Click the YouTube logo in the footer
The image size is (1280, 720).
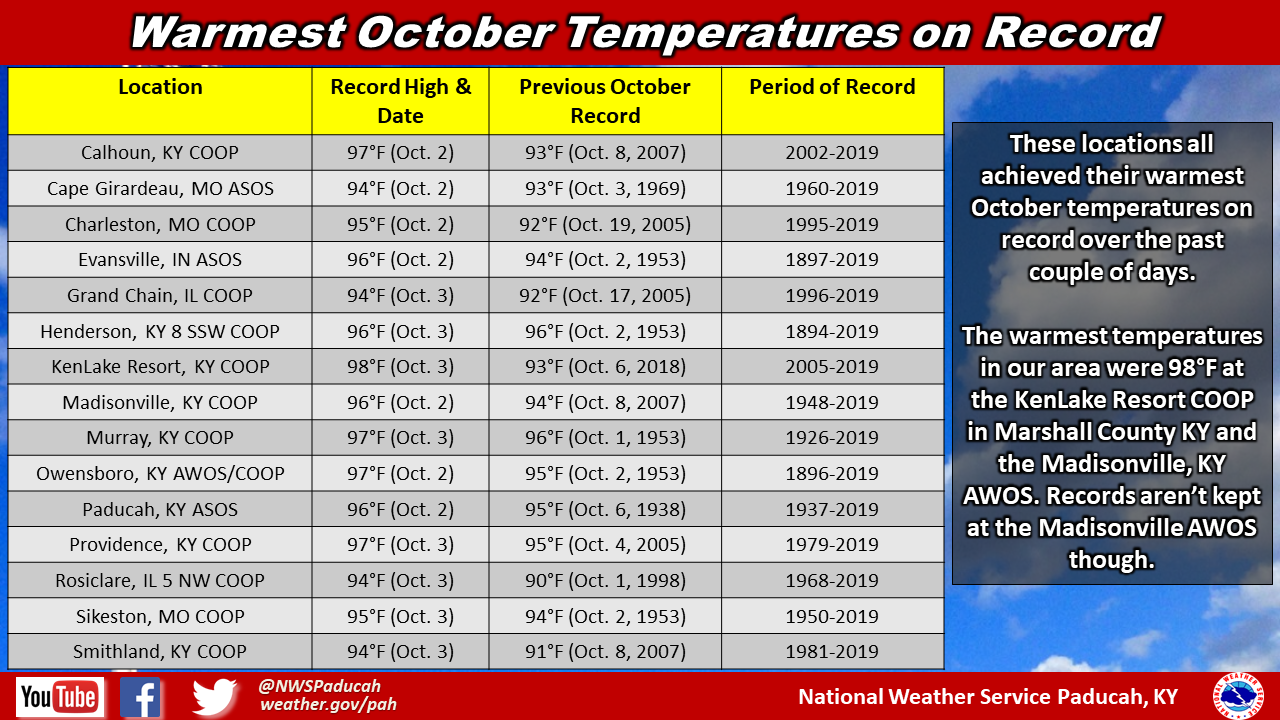click(x=60, y=697)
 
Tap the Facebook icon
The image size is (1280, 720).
click(x=140, y=697)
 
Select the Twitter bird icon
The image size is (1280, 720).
click(x=214, y=697)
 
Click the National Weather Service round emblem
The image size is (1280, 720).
click(x=1238, y=697)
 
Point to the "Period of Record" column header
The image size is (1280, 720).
click(x=832, y=87)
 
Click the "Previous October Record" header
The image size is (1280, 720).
click(x=605, y=101)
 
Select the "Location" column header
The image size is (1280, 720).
click(x=160, y=87)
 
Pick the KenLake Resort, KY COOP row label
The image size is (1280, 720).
click(x=160, y=366)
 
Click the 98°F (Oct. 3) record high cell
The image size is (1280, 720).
click(x=400, y=366)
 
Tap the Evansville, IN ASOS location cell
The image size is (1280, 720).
click(x=160, y=259)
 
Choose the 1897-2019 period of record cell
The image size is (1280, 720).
click(x=832, y=259)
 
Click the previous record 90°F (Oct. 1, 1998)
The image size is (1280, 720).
click(x=605, y=581)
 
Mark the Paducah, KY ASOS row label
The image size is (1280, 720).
click(x=160, y=509)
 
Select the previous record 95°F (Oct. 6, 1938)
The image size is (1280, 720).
click(x=605, y=509)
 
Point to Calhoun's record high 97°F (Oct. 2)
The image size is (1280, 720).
click(x=400, y=153)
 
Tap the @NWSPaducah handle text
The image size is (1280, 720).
click(x=319, y=686)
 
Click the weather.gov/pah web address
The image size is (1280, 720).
click(x=328, y=705)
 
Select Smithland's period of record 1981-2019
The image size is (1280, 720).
click(x=832, y=651)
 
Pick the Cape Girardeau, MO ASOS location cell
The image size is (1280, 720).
click(x=160, y=189)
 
